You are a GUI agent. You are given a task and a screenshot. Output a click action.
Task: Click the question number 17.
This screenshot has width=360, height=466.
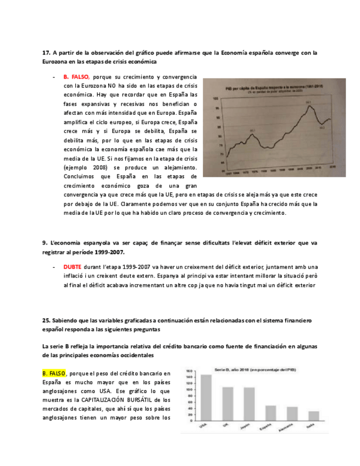tap(46, 53)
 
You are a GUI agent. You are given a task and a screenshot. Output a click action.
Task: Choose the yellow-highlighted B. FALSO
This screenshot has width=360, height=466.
tap(54, 373)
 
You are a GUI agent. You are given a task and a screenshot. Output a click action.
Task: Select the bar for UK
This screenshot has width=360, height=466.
tap(227, 403)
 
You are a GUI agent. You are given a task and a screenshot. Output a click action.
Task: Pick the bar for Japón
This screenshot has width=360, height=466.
tap(248, 404)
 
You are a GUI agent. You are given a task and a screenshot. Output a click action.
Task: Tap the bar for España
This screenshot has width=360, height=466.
tap(270, 413)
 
